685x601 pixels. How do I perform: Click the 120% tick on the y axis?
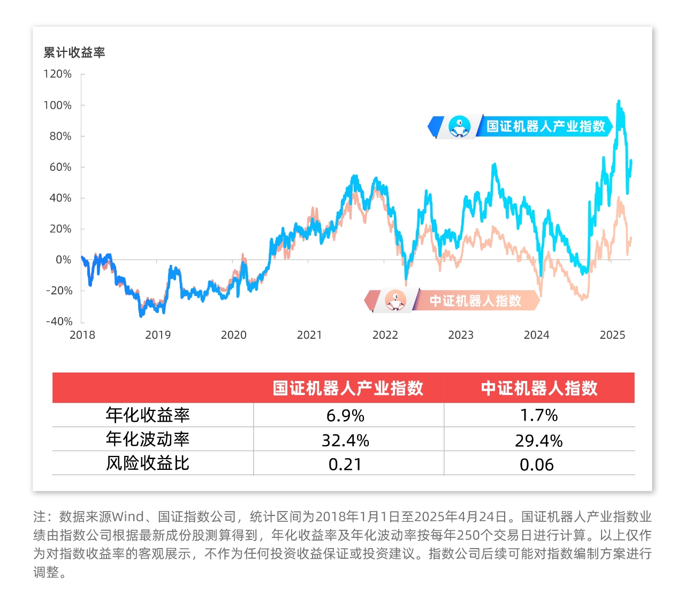point(58,74)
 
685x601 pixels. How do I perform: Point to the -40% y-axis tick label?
point(59,322)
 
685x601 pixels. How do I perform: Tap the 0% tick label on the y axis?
point(63,260)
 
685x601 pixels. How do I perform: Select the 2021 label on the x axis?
point(309,335)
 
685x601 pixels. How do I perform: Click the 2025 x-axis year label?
point(612,335)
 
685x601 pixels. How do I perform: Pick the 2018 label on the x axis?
point(82,335)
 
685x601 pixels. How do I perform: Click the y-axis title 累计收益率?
point(74,52)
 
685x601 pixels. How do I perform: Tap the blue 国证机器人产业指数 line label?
point(545,126)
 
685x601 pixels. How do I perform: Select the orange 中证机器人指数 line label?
point(475,301)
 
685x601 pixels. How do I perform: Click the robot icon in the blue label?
point(459,127)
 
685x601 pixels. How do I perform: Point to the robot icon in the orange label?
point(395,301)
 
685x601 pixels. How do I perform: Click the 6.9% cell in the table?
point(345,415)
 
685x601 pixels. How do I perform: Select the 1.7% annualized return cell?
point(539,415)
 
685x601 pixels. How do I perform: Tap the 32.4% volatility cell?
point(345,440)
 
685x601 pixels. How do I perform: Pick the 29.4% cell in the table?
point(539,440)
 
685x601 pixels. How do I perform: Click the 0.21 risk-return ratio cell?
point(345,465)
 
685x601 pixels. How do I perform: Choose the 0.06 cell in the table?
point(537,465)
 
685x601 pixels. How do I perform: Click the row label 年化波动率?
point(148,439)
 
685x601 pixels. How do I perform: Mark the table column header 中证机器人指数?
point(539,388)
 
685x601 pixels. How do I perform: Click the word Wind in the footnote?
point(127,517)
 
